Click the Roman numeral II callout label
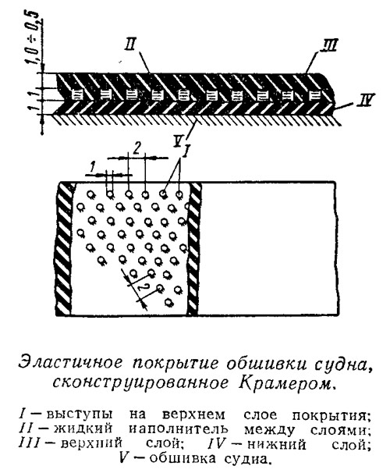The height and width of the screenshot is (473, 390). (131, 47)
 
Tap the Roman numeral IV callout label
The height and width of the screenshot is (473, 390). (365, 100)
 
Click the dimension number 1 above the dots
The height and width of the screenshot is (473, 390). (93, 166)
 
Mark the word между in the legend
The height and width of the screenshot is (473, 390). (269, 429)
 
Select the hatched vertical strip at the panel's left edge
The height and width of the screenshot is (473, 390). (64, 248)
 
